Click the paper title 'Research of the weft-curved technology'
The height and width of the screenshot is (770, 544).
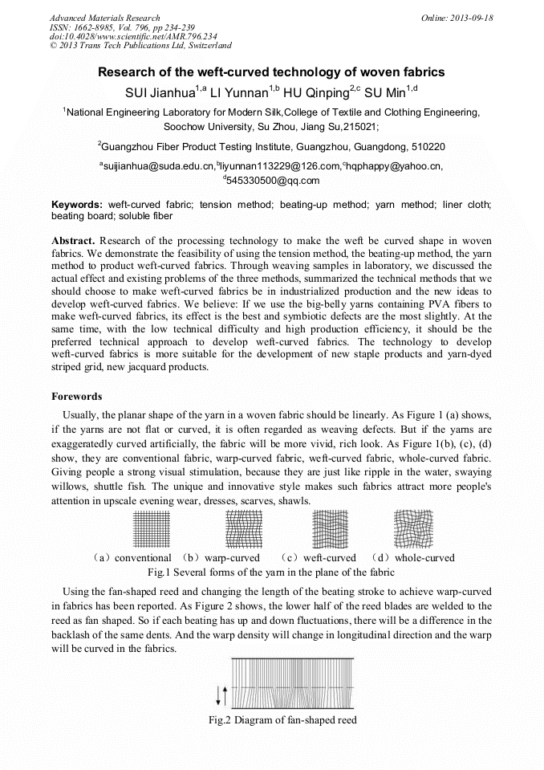click(271, 72)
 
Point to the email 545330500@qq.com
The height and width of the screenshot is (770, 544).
click(273, 180)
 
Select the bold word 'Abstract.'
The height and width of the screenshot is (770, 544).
click(74, 241)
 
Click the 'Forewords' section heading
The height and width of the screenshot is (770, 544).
click(77, 397)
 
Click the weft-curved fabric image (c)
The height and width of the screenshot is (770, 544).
click(328, 530)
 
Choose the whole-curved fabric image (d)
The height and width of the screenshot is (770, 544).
click(413, 530)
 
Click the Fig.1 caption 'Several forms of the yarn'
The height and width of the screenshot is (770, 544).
click(271, 572)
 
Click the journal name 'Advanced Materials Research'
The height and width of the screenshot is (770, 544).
click(105, 18)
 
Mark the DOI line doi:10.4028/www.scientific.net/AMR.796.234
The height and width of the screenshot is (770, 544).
click(133, 36)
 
